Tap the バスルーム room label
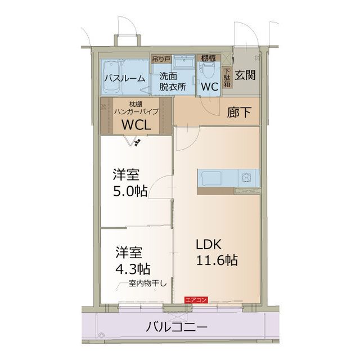pyautogui.click(x=124, y=78)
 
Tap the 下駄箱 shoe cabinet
pyautogui.click(x=227, y=78)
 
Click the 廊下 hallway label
pyautogui.click(x=240, y=112)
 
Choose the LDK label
pyautogui.click(x=210, y=244)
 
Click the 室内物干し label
pyautogui.click(x=148, y=283)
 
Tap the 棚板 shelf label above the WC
pyautogui.click(x=207, y=57)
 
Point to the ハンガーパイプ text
pyautogui.click(x=136, y=111)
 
